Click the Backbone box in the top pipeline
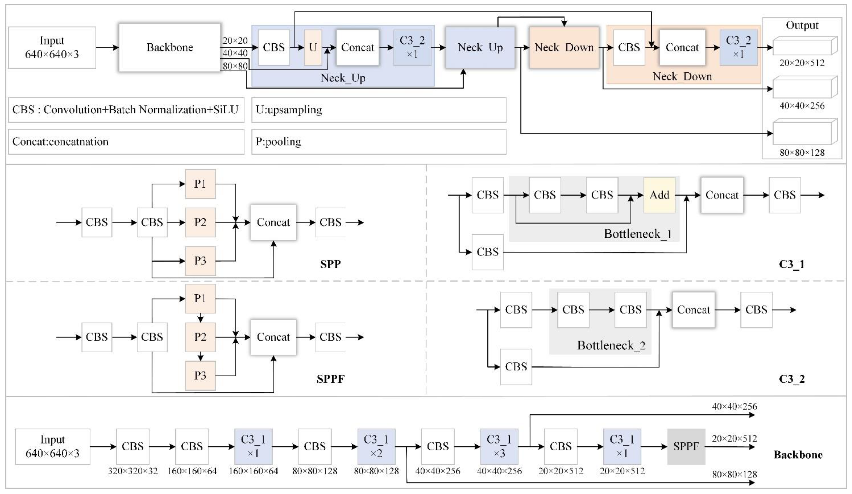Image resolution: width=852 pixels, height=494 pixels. point(169,47)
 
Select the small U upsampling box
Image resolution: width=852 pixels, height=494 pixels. point(313,47)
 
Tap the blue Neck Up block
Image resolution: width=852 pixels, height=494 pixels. point(480,47)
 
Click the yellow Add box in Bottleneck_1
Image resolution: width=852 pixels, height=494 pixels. point(659,195)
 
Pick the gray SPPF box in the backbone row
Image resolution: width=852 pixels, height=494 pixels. point(686,447)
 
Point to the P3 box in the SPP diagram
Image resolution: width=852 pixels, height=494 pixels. point(200,261)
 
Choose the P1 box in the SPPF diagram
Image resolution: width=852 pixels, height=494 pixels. point(200,299)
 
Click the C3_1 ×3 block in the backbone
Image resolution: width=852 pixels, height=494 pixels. point(499,447)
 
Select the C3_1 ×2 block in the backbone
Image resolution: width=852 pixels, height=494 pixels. point(376,447)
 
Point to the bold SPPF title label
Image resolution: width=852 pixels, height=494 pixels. point(330,379)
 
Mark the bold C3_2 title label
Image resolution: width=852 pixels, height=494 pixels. point(792,379)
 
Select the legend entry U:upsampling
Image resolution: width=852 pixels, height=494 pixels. point(289,110)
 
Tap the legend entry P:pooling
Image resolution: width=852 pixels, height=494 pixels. point(278,141)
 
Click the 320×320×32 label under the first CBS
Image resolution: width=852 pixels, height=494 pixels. point(133,471)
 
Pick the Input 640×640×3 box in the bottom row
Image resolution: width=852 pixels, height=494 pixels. point(52,447)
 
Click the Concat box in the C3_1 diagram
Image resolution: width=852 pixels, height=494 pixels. point(722,195)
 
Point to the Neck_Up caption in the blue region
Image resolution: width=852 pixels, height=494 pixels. point(343,78)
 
